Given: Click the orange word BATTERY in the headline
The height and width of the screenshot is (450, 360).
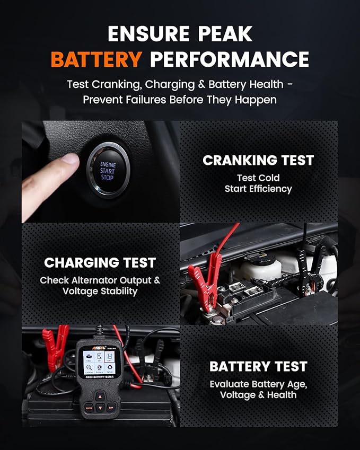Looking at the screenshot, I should tap(96, 59).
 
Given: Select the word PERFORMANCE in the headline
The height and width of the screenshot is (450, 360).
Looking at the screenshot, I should tap(229, 59).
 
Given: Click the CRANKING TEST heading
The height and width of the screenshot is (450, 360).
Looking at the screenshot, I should tap(258, 160).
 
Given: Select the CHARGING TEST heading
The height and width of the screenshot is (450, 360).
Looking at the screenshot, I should tap(100, 262).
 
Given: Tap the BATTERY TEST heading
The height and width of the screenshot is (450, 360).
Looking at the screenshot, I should tap(258, 366).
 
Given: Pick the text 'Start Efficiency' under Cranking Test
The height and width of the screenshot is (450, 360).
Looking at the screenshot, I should tap(258, 189).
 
